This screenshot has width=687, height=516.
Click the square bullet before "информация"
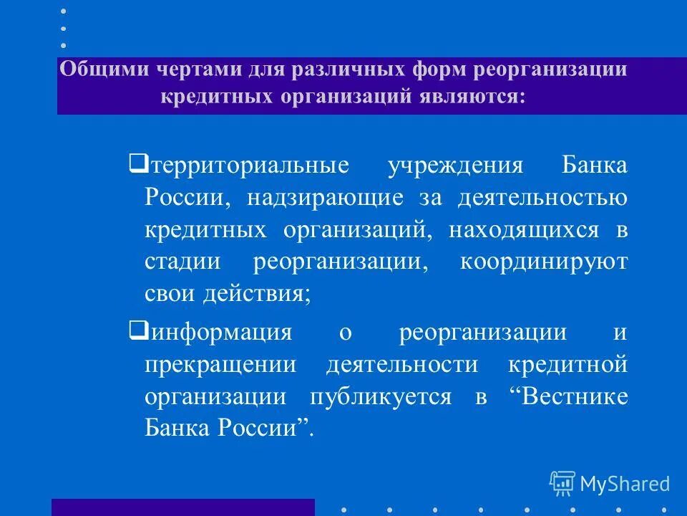click(137, 330)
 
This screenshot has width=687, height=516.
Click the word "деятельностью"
click(543, 198)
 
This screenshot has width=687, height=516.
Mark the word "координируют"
click(543, 262)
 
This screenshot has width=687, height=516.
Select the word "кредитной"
click(567, 364)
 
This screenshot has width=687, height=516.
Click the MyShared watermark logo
click(610, 483)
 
